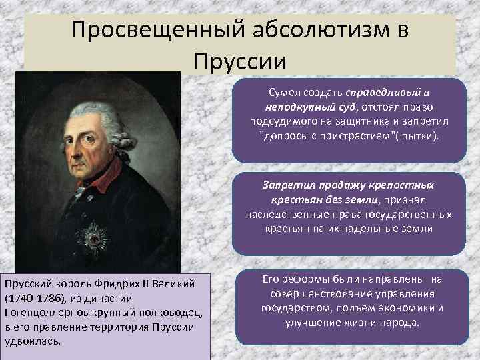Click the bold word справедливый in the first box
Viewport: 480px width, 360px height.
373,93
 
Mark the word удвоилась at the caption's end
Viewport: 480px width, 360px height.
32,341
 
